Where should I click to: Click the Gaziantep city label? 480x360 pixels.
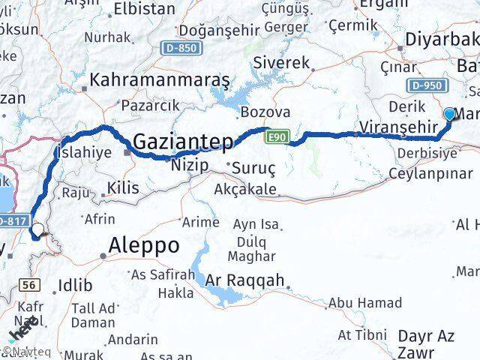pos(183,142)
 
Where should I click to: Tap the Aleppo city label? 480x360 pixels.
pos(144,245)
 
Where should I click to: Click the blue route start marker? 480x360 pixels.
pos(449,114)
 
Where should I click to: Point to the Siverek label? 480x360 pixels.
pos(282,63)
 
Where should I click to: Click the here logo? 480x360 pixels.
pos(25,330)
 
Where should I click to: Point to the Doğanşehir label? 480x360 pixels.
pos(213,29)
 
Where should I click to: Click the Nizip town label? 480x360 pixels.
pos(189,165)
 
